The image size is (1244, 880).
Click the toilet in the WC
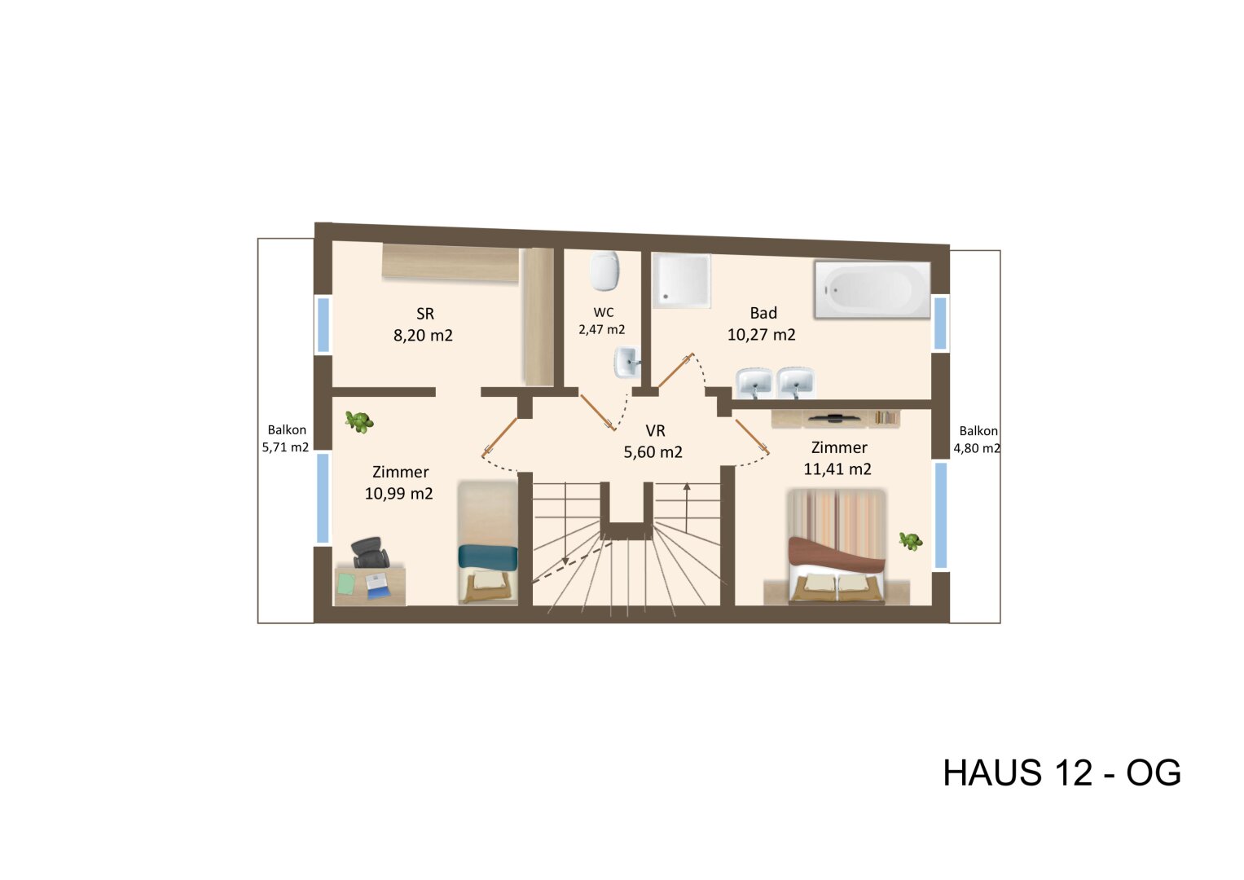coord(604,271)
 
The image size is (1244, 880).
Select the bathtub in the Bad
coord(871,289)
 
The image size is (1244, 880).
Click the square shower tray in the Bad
coord(681,280)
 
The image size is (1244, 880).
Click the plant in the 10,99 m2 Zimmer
coord(358,421)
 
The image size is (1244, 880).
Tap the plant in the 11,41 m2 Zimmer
coord(910,540)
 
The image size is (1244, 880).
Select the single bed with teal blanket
coord(487,543)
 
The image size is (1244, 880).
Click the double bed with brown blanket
coord(836,548)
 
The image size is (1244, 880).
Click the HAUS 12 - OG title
coord(1061,772)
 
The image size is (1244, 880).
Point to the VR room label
coord(655,431)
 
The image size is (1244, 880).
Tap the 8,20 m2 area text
coord(423,335)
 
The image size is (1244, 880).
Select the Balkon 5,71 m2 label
coord(286,438)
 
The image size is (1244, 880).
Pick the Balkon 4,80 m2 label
coord(978,439)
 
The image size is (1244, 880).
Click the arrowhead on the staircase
coord(687,486)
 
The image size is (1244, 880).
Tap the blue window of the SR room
coord(323,324)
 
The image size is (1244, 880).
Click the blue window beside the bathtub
coord(940,323)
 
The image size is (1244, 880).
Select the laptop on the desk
coord(376,585)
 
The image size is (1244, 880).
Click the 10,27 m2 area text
coord(761,335)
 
